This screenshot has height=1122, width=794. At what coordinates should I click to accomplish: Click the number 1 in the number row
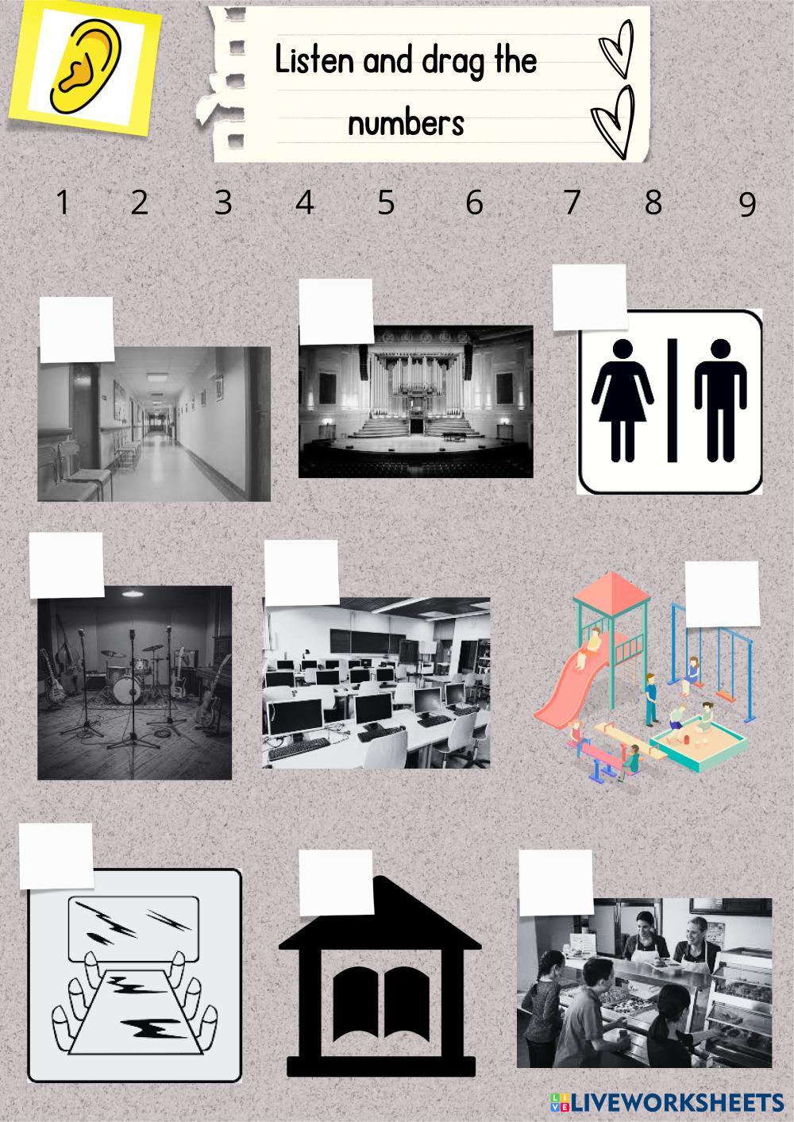[63, 202]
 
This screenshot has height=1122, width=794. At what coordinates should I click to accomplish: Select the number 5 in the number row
[386, 202]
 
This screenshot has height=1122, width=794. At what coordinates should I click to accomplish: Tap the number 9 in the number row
[747, 204]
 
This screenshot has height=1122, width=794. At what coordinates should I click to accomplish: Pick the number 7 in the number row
[572, 202]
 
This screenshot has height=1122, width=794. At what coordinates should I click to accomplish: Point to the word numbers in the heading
[407, 123]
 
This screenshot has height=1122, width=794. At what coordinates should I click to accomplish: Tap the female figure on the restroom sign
[622, 399]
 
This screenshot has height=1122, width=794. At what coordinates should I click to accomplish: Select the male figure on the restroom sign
[720, 399]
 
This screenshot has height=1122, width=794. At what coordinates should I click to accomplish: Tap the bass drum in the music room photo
[127, 689]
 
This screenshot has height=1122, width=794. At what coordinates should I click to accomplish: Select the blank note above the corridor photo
[77, 330]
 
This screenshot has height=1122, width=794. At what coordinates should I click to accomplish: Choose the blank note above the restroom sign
[590, 298]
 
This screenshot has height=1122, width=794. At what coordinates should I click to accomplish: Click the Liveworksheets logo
[667, 1102]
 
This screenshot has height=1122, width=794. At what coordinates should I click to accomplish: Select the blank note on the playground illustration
[723, 594]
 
